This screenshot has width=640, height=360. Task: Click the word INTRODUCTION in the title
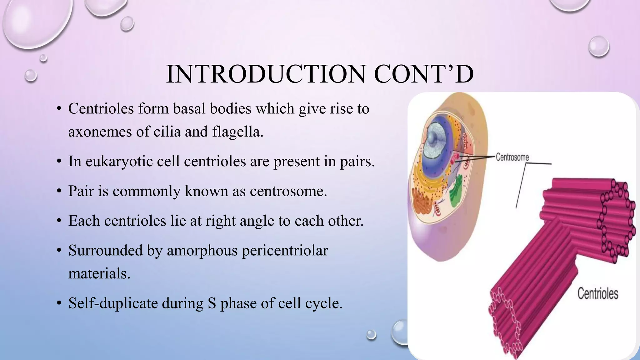(266, 74)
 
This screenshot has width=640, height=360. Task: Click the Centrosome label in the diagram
(512, 157)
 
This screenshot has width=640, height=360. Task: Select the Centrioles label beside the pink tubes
(597, 294)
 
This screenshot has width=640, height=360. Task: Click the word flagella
(237, 131)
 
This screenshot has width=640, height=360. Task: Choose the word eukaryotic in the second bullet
(119, 162)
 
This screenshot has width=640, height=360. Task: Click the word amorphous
(202, 251)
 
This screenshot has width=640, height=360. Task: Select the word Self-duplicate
(113, 303)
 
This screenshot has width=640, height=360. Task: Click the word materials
(99, 274)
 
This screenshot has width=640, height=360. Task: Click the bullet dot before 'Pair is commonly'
(59, 191)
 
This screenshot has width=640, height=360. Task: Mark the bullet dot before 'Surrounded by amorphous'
(59, 251)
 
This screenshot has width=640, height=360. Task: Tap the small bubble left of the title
(31, 75)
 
